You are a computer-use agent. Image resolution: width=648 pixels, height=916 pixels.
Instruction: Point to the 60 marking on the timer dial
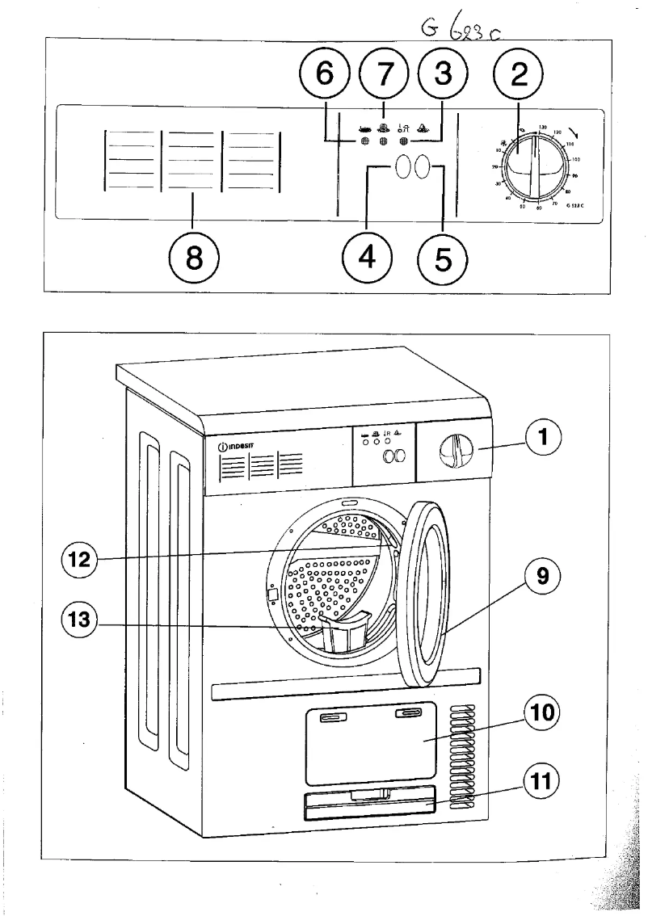click(x=538, y=208)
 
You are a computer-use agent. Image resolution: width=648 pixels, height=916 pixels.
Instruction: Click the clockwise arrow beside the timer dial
click(x=573, y=134)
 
